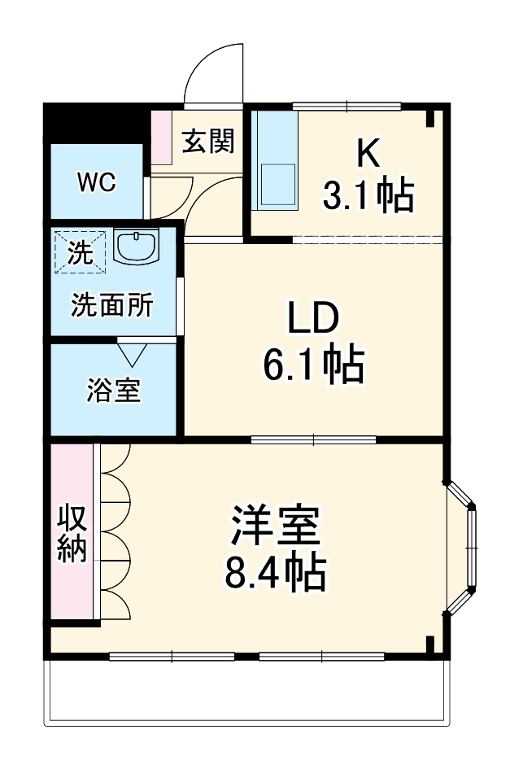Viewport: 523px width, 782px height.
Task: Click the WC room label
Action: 97,182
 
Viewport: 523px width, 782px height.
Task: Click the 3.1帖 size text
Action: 368,196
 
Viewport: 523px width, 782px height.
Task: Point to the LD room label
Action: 312,318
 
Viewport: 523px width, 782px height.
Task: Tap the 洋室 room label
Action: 275,526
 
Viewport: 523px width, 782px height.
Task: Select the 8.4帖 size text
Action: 275,574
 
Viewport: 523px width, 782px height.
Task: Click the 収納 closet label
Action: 72,534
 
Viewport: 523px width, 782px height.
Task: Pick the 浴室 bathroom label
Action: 114,391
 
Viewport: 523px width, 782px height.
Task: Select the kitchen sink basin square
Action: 277,184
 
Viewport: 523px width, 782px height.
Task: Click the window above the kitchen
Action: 346,105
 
